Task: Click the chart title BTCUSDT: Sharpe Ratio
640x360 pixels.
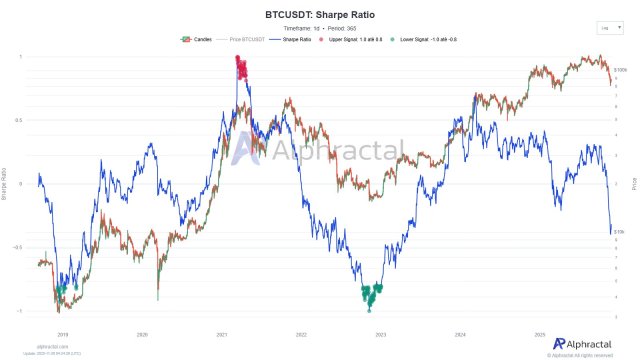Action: point(320,17)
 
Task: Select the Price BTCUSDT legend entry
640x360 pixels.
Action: point(246,38)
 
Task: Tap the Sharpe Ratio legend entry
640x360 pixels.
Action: point(297,38)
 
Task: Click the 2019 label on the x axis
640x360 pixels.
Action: point(62,334)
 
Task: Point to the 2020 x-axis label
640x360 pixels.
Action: point(142,334)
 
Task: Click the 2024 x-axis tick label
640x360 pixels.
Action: point(459,334)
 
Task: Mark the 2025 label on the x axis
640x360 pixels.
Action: point(538,334)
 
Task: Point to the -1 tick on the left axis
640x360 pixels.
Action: point(21,311)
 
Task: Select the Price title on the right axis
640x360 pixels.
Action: point(634,183)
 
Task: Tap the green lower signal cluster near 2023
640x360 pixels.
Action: point(372,295)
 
